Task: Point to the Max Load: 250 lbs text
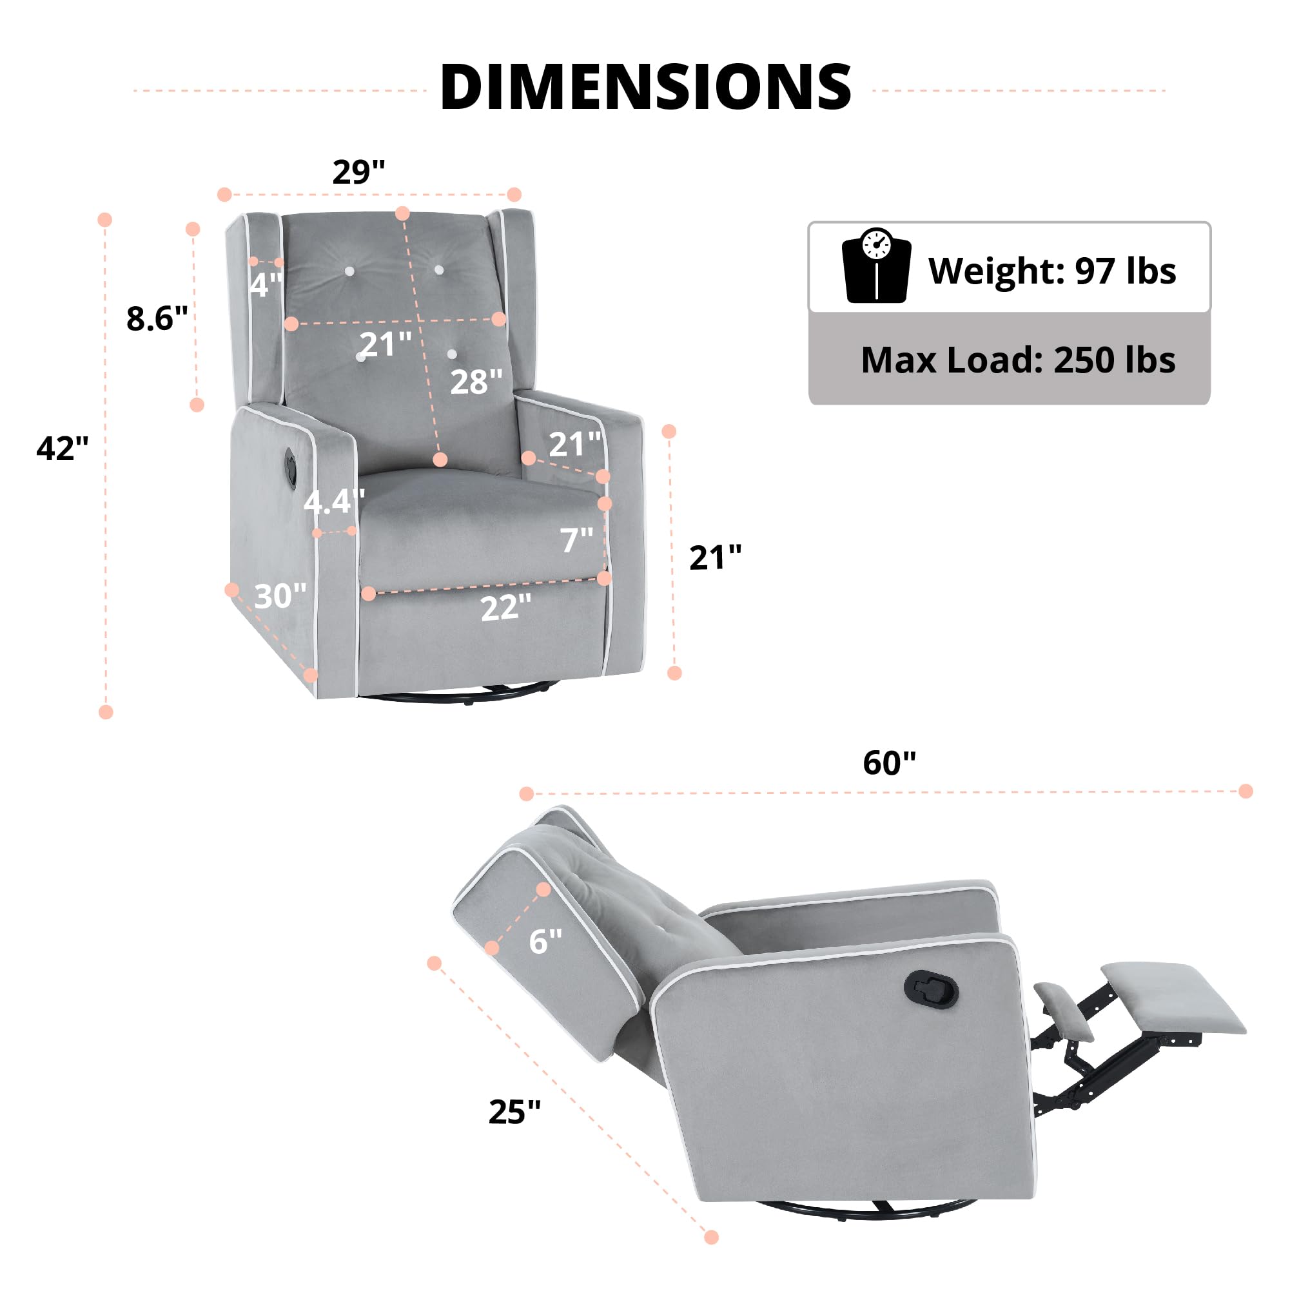tap(1017, 360)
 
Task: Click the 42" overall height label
tap(62, 448)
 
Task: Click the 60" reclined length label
tap(890, 762)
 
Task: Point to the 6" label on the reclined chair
tap(545, 940)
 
